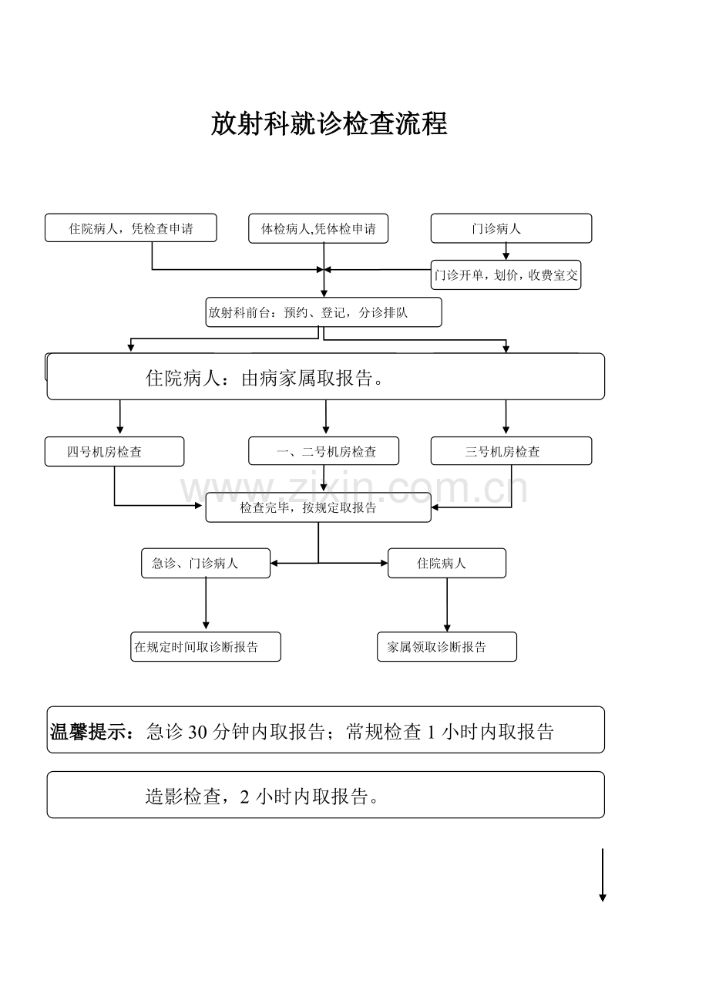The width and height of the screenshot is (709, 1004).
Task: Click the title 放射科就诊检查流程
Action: coord(329,123)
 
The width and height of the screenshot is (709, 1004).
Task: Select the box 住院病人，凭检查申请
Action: coord(130,228)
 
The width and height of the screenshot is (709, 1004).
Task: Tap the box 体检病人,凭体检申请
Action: coord(318,228)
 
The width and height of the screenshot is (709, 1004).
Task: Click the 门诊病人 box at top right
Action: coord(511,228)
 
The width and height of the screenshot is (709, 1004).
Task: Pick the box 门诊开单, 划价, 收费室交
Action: coord(506,275)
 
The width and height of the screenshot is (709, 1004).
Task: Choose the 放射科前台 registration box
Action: coord(324,312)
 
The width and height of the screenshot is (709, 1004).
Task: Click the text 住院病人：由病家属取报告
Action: coord(265,378)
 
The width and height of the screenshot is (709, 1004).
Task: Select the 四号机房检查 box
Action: coord(114,452)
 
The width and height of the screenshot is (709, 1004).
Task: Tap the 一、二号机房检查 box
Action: coord(324,452)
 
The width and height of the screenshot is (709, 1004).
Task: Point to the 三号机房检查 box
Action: coord(511,451)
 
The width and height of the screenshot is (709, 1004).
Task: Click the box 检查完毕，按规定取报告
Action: coord(318,507)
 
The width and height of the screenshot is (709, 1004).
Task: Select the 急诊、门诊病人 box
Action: coord(206,563)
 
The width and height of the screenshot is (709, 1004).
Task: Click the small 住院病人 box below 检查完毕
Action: coord(446,563)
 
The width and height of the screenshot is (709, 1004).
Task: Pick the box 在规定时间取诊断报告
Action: coord(205,647)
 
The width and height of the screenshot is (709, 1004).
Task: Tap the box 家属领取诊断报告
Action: coord(446,647)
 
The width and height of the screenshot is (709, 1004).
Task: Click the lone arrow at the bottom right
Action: coord(603,875)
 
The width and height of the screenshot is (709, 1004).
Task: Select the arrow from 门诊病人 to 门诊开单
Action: coord(506,251)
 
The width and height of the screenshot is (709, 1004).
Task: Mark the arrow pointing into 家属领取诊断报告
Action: coord(447,605)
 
